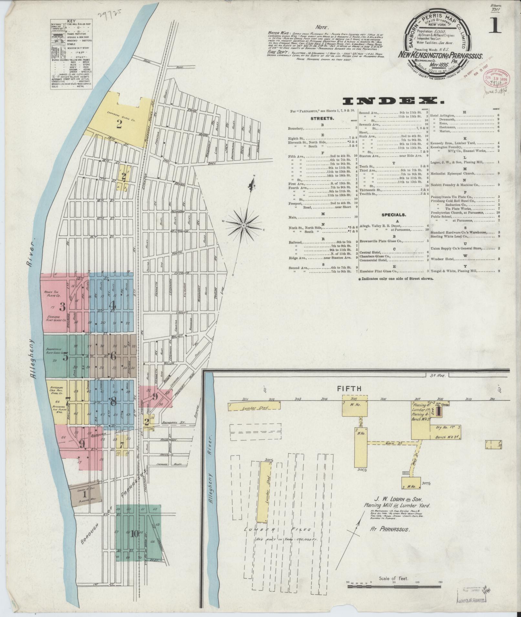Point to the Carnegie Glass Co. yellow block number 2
(119, 124)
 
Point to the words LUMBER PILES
(278, 529)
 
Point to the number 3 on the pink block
(62, 306)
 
